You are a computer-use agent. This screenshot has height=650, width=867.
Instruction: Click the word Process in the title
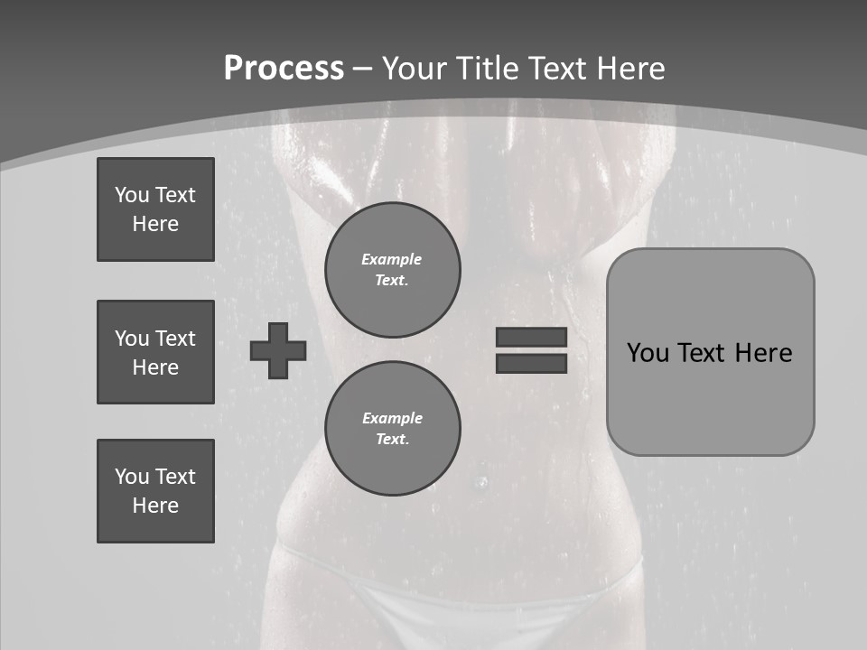(x=284, y=69)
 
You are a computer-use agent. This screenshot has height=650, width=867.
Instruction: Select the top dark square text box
(x=155, y=209)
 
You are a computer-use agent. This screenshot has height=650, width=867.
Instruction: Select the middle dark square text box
(x=155, y=352)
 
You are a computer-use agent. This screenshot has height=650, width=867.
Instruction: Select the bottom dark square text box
(x=155, y=491)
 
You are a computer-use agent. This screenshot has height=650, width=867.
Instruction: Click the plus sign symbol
(x=278, y=350)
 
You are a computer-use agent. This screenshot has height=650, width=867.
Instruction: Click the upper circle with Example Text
(x=392, y=270)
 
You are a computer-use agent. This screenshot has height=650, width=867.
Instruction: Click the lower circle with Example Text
(x=392, y=429)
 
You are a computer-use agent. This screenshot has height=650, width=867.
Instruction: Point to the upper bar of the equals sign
(x=531, y=337)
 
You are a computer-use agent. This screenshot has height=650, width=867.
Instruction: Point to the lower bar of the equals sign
(x=531, y=363)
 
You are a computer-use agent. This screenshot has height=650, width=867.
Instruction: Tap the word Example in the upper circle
(x=392, y=259)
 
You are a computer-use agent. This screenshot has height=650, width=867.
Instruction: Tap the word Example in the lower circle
(x=392, y=418)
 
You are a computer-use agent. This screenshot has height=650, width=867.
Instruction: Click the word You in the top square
(x=132, y=195)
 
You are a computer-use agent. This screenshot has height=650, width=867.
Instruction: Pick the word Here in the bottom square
(x=155, y=506)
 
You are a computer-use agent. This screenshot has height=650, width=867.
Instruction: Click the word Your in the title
(x=413, y=69)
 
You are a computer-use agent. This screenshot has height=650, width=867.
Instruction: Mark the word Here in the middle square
(x=155, y=367)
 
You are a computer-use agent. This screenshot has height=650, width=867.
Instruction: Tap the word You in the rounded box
(x=648, y=353)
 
